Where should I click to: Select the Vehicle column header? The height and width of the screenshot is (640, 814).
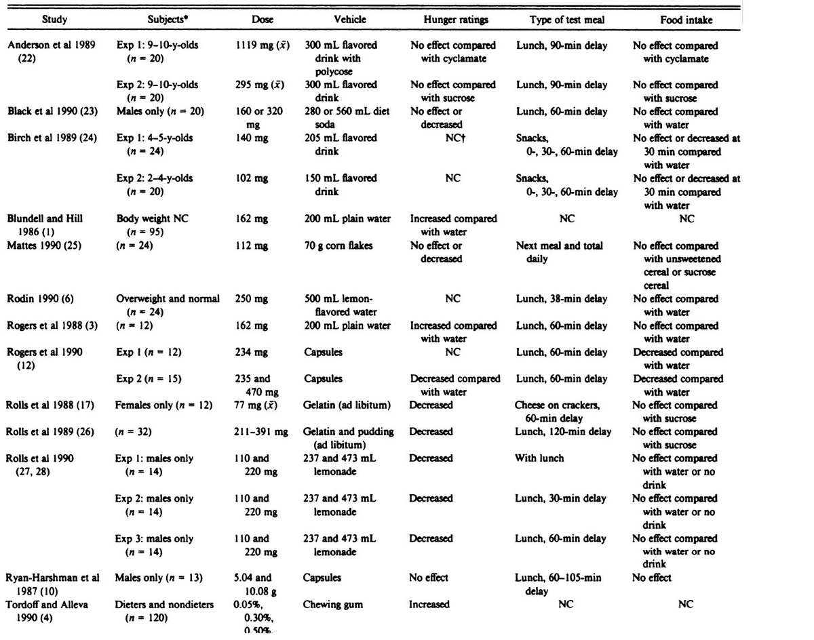point(351,20)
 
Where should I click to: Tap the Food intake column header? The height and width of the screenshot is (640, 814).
point(686,20)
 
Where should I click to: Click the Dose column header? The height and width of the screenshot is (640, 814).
point(263,20)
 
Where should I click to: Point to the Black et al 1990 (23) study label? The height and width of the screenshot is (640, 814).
point(52,111)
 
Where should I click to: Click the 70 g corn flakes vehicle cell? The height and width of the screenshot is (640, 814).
point(341,245)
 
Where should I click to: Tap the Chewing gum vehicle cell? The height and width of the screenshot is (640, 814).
point(334,604)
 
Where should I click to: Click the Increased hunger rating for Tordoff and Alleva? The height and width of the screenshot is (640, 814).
point(430,604)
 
